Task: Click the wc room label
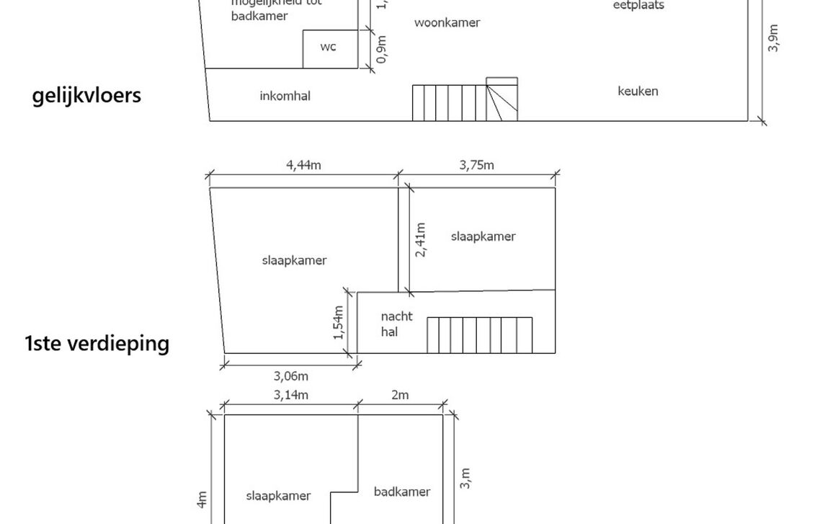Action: click(x=328, y=48)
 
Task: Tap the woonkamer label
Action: click(x=447, y=22)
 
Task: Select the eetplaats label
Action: click(x=638, y=6)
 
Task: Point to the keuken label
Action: click(x=638, y=92)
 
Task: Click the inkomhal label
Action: click(x=285, y=96)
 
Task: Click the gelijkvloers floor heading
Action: click(x=86, y=96)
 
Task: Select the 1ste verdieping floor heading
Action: click(x=97, y=343)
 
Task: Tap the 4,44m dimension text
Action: click(x=303, y=165)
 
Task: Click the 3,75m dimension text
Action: click(x=477, y=165)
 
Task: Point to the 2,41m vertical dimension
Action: click(x=421, y=239)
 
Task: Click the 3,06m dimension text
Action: click(x=291, y=376)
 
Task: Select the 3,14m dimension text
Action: click(x=291, y=395)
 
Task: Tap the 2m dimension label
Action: click(x=400, y=395)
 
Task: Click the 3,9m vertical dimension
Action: click(x=773, y=39)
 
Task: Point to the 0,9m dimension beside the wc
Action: click(x=382, y=49)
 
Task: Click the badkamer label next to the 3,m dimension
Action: click(x=402, y=492)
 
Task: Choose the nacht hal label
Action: click(x=396, y=324)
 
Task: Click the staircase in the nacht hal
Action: click(x=479, y=335)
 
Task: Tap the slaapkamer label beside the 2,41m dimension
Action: click(x=483, y=236)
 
